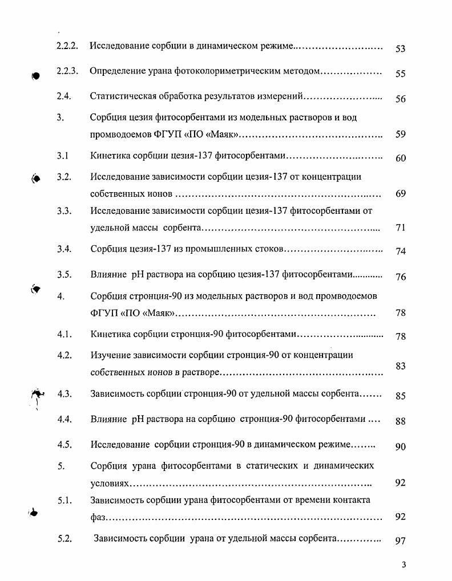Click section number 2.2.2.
pyautogui.click(x=67, y=45)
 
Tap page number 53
pyautogui.click(x=400, y=49)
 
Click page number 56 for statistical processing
pyautogui.click(x=400, y=99)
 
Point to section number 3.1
pyautogui.click(x=63, y=155)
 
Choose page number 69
pyautogui.click(x=400, y=193)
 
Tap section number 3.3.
pyautogui.click(x=64, y=210)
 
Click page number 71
pyautogui.click(x=400, y=227)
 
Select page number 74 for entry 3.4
pyautogui.click(x=400, y=251)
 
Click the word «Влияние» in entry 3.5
pyautogui.click(x=108, y=274)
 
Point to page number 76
pyautogui.click(x=400, y=277)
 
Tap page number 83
pyautogui.click(x=400, y=365)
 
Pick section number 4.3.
pyautogui.click(x=64, y=393)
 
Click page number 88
pyautogui.click(x=400, y=421)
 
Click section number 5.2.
pyautogui.click(x=64, y=538)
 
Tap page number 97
pyautogui.click(x=400, y=541)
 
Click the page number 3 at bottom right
pyautogui.click(x=403, y=565)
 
